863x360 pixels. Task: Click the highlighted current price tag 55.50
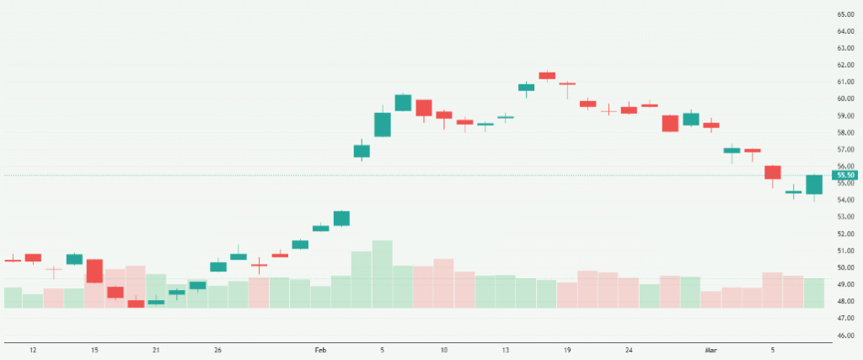845,175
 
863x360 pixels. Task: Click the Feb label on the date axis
320,349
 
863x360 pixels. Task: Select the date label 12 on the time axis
33,349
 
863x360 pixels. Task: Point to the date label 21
156,349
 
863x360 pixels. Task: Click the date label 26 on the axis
217,349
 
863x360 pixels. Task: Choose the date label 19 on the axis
568,349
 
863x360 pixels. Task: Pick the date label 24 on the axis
630,349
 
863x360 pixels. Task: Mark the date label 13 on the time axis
506,349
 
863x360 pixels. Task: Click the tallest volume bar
382,274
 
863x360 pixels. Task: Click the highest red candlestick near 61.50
547,76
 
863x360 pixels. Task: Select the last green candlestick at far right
814,185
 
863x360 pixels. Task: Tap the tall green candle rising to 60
403,103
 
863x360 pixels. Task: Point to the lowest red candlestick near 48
136,304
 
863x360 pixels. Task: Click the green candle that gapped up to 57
362,151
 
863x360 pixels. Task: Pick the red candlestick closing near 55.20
773,172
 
